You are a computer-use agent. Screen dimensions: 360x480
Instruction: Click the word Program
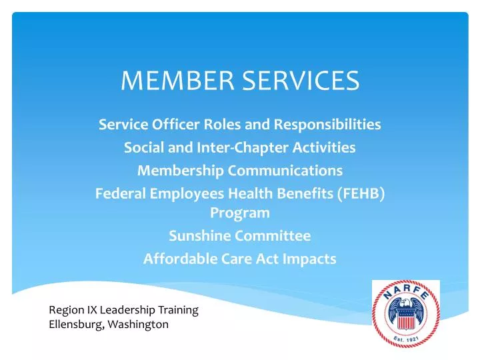[x=240, y=213]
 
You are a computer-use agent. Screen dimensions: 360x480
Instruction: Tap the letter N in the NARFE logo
[x=386, y=296]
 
